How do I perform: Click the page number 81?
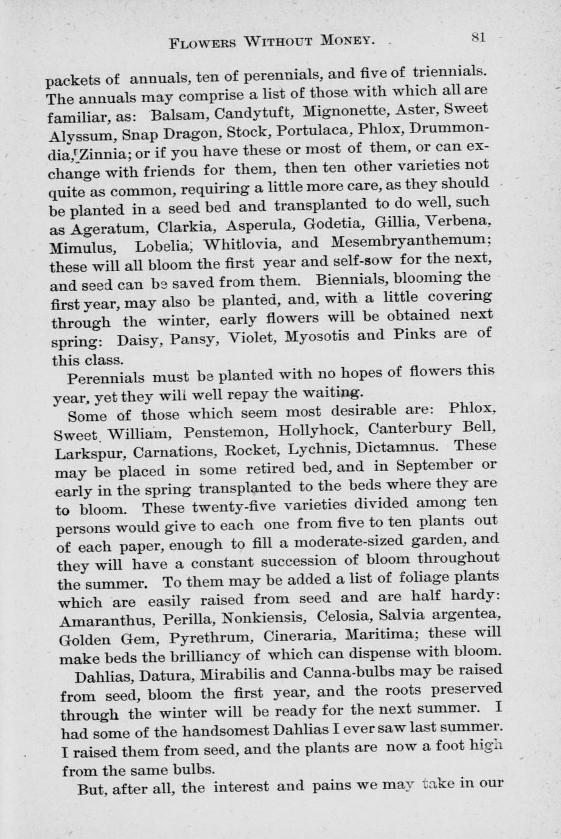click(478, 37)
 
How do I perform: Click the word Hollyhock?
click(316, 431)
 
